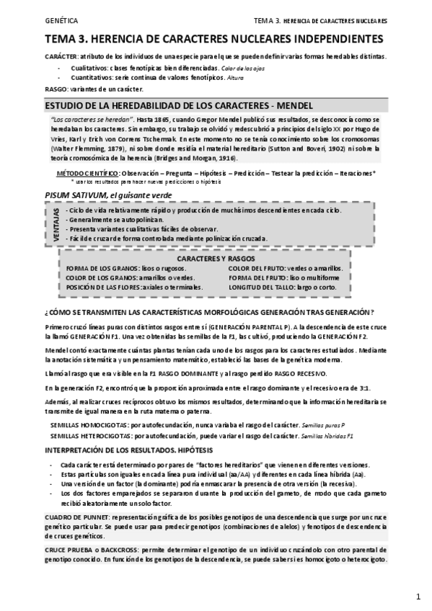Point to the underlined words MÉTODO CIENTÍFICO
click(x=89, y=174)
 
